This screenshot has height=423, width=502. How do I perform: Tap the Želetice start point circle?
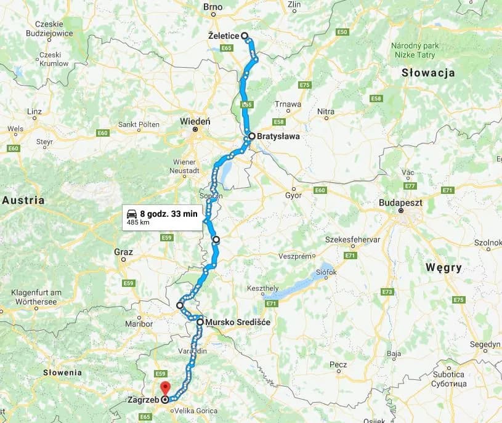[x=245, y=36]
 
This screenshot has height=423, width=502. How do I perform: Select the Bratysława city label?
[x=278, y=137]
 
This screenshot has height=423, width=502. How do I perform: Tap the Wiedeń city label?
[x=195, y=121]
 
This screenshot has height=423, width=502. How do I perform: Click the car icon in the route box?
[x=132, y=214]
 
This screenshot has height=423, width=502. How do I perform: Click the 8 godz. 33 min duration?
[x=168, y=214]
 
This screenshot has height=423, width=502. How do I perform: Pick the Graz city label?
[x=123, y=251]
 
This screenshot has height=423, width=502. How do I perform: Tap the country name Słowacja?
[x=427, y=73]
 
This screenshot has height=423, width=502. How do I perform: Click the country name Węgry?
[x=443, y=267]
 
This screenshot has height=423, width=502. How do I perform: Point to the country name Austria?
[x=23, y=200]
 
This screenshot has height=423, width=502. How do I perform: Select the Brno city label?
[x=213, y=7]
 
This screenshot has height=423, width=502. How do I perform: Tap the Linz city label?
[x=34, y=111]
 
